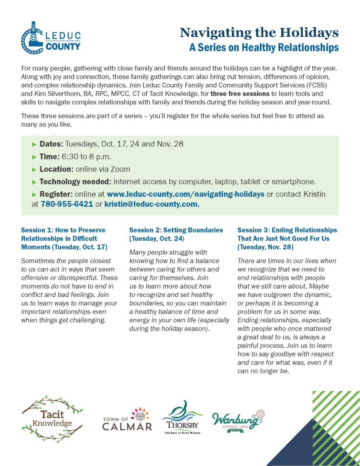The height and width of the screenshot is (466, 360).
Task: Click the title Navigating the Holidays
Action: click(259, 33)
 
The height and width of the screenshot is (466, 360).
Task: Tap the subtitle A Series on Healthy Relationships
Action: click(264, 48)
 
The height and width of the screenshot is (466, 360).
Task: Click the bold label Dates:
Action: click(52, 144)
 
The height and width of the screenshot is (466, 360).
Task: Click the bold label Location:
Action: click(57, 169)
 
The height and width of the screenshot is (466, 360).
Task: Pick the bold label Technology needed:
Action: click(75, 182)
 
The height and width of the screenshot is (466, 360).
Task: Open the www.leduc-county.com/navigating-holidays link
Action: click(186, 194)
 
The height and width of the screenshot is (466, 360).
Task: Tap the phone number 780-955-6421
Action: click(67, 204)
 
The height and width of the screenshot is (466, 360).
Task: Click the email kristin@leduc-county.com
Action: click(152, 204)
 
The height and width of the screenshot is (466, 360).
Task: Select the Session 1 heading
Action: click(64, 238)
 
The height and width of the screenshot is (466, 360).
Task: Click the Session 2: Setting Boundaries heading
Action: click(176, 234)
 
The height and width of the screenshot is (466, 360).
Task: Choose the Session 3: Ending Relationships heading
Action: click(287, 238)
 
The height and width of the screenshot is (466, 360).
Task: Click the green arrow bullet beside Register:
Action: click(34, 194)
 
